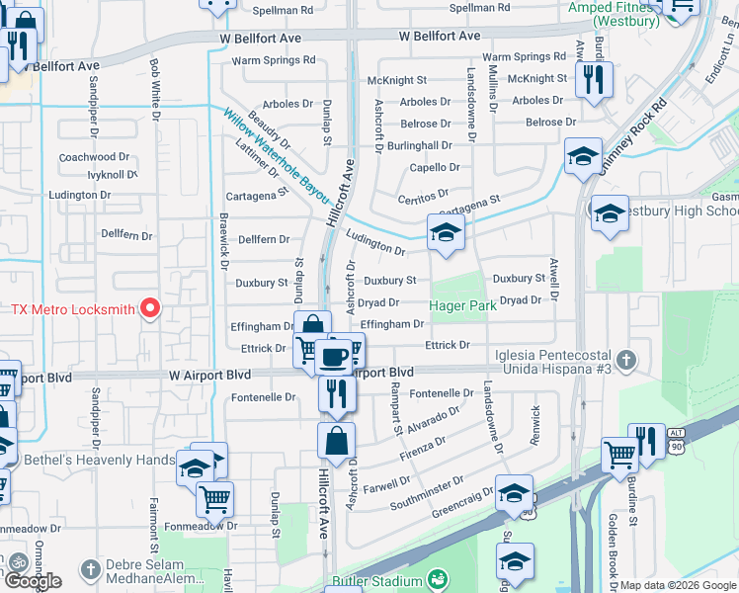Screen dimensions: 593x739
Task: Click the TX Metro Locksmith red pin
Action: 149,309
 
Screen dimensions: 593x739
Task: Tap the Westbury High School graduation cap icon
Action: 610,212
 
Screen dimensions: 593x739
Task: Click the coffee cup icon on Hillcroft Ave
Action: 334,353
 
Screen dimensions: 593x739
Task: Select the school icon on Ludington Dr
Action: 446,233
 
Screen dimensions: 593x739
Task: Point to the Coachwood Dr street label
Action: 95,157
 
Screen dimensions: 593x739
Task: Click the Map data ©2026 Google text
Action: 678,586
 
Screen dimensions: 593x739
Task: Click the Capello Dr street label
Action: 435,168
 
